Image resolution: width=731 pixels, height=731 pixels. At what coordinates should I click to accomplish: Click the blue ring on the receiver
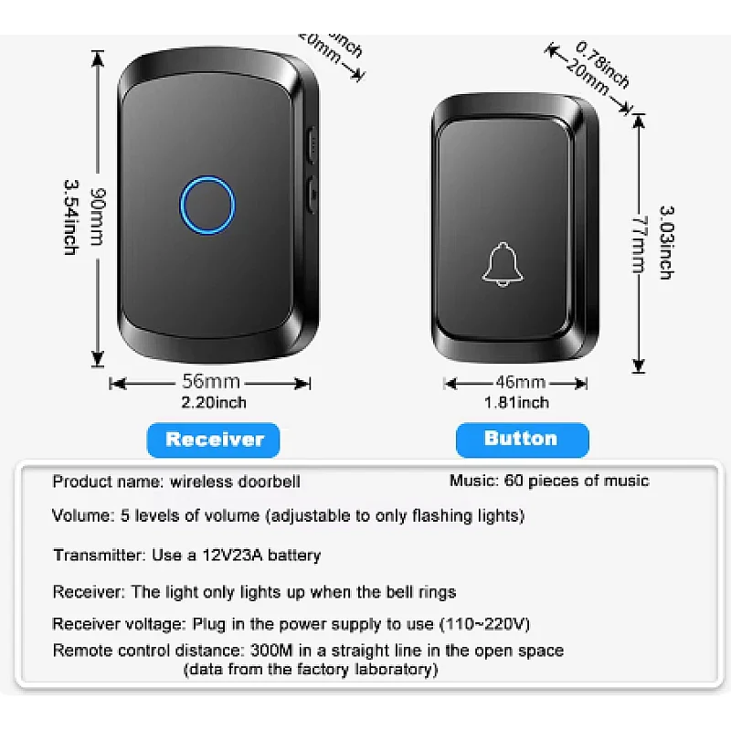(x=207, y=206)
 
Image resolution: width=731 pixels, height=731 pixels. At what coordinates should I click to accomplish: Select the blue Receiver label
(x=214, y=440)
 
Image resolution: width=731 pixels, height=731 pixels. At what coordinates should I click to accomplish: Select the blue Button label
(x=521, y=439)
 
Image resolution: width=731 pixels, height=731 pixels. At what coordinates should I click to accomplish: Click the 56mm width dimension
(x=211, y=382)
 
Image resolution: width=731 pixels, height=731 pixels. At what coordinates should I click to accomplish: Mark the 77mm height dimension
(x=639, y=243)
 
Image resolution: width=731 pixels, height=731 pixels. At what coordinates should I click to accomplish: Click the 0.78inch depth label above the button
(x=604, y=62)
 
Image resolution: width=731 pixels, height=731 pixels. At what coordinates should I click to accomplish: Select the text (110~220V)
(x=481, y=624)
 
